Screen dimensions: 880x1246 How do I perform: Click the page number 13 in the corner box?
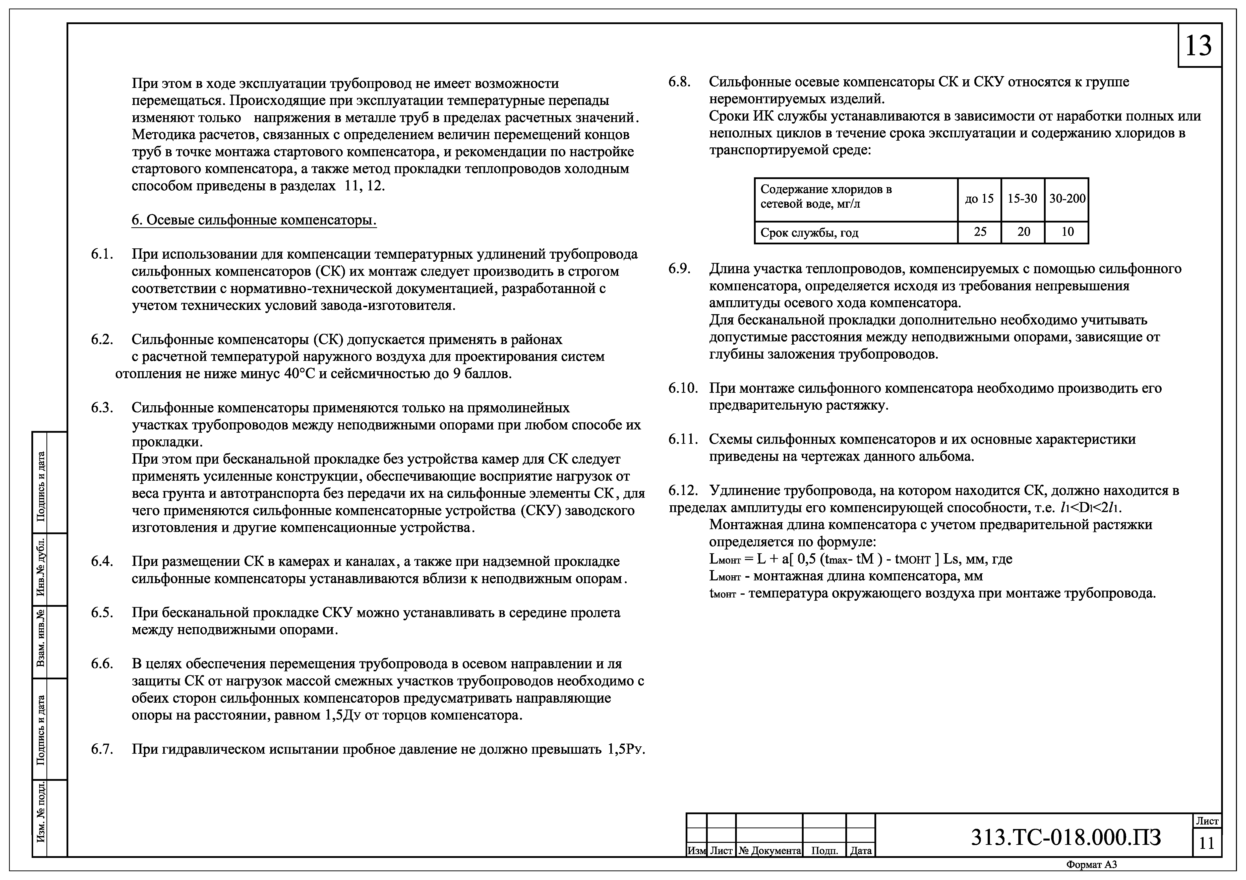click(x=1198, y=46)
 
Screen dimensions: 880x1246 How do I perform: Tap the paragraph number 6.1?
click(x=102, y=254)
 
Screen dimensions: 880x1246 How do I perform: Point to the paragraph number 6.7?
click(x=102, y=749)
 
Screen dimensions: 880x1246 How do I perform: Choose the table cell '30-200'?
click(x=1067, y=199)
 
